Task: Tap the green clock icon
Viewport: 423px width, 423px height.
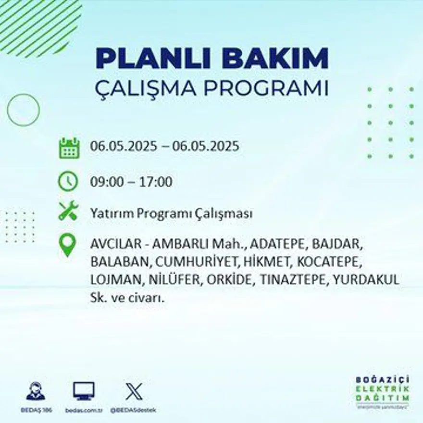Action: point(68,181)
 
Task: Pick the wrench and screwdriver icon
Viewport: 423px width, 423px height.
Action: point(68,211)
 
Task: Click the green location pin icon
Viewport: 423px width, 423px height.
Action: point(68,244)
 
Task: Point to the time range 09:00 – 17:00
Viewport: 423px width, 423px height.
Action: point(131,182)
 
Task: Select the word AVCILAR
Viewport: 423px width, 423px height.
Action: point(115,244)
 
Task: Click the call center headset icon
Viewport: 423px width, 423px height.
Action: point(36,391)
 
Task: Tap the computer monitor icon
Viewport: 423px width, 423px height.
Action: point(84,391)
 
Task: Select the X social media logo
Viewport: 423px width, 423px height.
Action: point(133,391)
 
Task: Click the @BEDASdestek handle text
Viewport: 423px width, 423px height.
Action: point(133,410)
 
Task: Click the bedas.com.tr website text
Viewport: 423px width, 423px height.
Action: point(84,410)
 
